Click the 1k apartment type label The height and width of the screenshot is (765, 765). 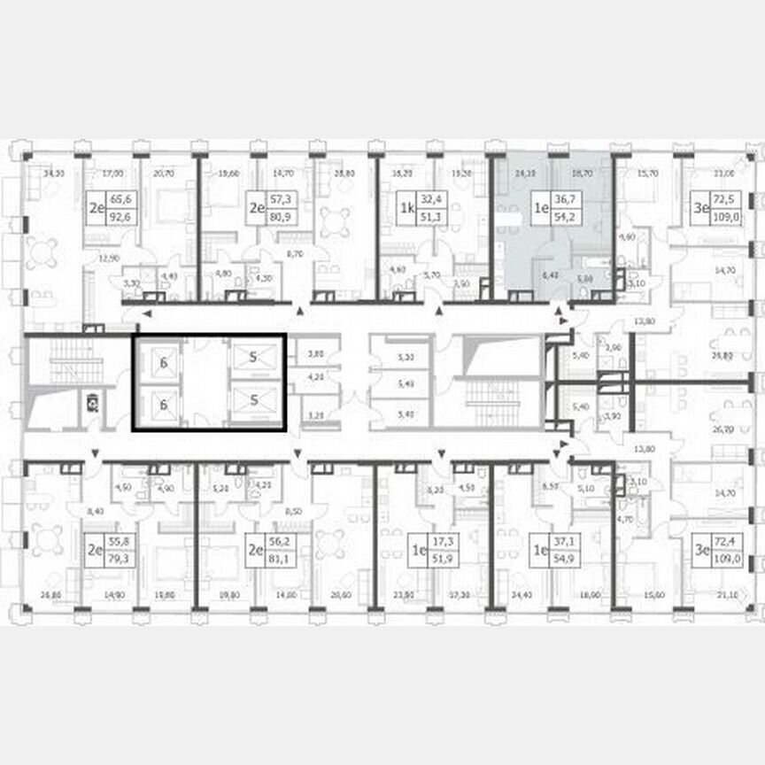406,209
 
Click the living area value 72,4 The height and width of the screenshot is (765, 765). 725,543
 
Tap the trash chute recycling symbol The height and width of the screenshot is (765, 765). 92,404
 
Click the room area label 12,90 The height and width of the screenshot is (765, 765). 108,258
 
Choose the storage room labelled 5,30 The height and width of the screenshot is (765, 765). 407,358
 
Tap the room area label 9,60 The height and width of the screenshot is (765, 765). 626,237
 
